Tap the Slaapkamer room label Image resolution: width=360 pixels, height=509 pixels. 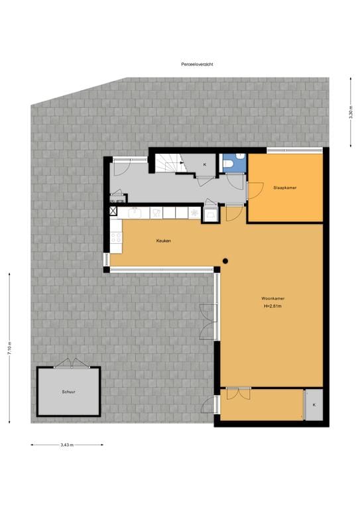click(x=284, y=188)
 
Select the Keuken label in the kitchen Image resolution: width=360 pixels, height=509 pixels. click(x=164, y=241)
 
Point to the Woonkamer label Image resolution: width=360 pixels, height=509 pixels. click(x=272, y=299)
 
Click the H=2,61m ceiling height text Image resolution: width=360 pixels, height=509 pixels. click(x=272, y=306)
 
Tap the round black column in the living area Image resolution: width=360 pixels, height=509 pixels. click(x=225, y=260)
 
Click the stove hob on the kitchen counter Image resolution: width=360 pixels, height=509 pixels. click(x=156, y=212)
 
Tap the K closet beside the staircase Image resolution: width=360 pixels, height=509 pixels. click(x=204, y=164)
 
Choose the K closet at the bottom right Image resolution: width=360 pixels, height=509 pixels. click(x=314, y=404)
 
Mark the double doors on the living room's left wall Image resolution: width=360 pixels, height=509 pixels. click(x=210, y=321)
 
